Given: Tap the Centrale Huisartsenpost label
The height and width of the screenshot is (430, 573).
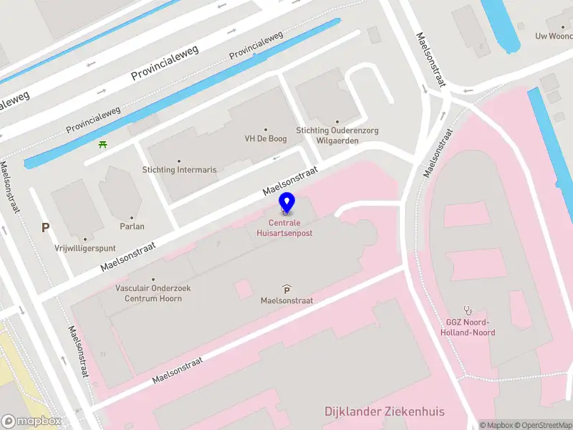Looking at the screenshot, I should coord(285,228).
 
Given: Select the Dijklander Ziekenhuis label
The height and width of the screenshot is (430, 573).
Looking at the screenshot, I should coord(385,411).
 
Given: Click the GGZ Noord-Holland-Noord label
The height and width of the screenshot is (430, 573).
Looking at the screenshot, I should coord(471,328).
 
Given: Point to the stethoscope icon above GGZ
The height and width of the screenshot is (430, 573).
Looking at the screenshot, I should coord(470,310).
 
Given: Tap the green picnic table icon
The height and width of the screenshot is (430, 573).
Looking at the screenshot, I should coord(103,144).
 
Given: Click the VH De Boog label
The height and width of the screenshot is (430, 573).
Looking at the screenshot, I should coord(266,139).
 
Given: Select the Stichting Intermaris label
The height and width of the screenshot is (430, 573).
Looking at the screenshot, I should coord(179,171).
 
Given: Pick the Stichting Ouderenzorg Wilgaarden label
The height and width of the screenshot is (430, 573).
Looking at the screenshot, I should coord(337,135).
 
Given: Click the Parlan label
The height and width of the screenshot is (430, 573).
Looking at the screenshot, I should coord(132,226).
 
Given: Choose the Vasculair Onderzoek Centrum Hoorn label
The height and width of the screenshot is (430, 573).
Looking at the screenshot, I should coord(153,293).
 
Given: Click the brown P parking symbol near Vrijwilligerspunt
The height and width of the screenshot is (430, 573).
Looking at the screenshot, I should coord(45,228).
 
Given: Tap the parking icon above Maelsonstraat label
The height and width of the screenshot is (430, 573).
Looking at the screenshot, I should coord(286,290).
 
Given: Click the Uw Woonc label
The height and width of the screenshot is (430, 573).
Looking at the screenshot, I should coord(554,36).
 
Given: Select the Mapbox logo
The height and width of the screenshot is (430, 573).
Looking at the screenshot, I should coord(32,421).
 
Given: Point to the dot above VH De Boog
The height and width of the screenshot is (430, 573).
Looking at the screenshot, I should coord(266,130).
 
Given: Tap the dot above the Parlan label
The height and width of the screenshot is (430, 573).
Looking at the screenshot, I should coord(132,217).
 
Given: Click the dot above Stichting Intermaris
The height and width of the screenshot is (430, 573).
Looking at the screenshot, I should coord(179,161).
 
